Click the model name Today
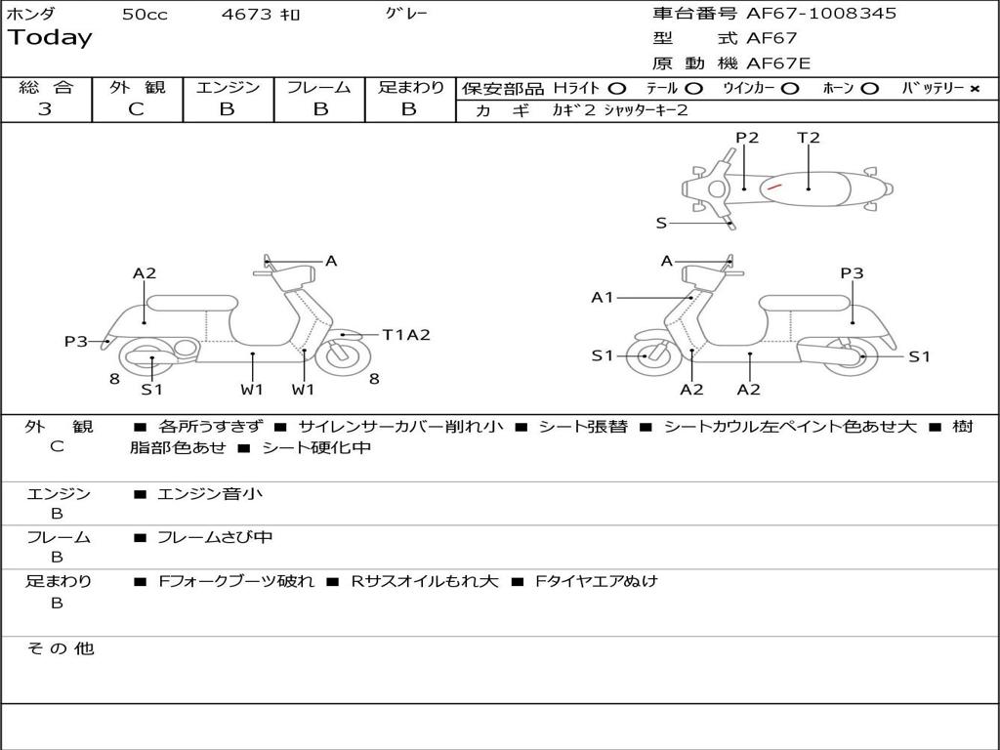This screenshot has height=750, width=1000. pyautogui.click(x=50, y=38)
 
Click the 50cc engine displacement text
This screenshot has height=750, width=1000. pyautogui.click(x=145, y=15)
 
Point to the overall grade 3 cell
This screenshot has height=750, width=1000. pyautogui.click(x=45, y=109)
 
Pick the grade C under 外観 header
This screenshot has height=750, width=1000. pyautogui.click(x=137, y=109)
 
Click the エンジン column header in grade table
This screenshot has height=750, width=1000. pyautogui.click(x=228, y=87)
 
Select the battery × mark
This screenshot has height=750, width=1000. pyautogui.click(x=974, y=89)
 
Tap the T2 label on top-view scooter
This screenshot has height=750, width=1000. pyautogui.click(x=809, y=138)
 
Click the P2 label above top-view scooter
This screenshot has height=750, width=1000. pyautogui.click(x=747, y=138)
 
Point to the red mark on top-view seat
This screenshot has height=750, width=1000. pyautogui.click(x=773, y=185)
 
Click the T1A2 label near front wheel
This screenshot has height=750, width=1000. pyautogui.click(x=405, y=335)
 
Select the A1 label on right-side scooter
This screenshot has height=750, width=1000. pyautogui.click(x=603, y=297)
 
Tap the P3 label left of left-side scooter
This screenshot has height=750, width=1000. pyautogui.click(x=76, y=341)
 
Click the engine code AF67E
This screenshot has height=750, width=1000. pyautogui.click(x=778, y=63)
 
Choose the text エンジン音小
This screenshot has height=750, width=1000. pyautogui.click(x=209, y=494)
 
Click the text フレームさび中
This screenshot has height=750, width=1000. pyautogui.click(x=215, y=537)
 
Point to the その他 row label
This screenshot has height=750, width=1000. pyautogui.click(x=60, y=648)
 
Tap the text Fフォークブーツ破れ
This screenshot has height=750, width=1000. pyautogui.click(x=236, y=581)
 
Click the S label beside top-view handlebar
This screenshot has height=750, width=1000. pyautogui.click(x=661, y=223)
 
